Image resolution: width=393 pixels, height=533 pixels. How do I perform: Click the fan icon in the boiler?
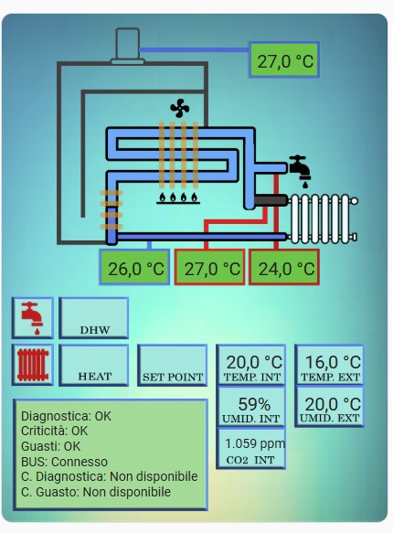click(x=179, y=108)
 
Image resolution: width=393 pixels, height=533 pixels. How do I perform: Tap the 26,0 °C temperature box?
click(x=134, y=267)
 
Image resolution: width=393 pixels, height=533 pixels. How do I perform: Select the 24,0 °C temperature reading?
click(x=284, y=267)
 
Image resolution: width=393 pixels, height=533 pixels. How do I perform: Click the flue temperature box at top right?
click(x=284, y=59)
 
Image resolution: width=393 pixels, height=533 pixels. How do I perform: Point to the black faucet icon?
click(x=301, y=171)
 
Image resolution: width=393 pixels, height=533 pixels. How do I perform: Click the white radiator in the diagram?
click(x=323, y=219)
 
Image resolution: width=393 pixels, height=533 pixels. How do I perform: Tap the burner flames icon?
click(x=178, y=198)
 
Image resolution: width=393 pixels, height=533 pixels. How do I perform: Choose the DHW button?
click(x=93, y=318)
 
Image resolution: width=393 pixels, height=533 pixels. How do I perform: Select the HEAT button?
click(x=93, y=365)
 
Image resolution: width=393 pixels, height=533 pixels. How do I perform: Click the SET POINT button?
click(x=172, y=365)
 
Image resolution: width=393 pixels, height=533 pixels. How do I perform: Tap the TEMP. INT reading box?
click(x=250, y=365)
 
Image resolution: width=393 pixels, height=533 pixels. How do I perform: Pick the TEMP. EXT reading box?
click(x=329, y=365)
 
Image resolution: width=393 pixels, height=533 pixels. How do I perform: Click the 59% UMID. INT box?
click(x=250, y=407)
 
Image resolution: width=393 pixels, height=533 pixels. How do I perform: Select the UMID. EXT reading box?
click(x=329, y=407)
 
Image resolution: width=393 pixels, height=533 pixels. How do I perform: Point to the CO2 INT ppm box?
click(x=250, y=449)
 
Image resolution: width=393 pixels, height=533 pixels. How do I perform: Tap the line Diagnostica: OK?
click(x=66, y=416)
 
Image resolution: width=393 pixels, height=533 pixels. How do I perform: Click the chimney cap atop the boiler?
click(x=128, y=47)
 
